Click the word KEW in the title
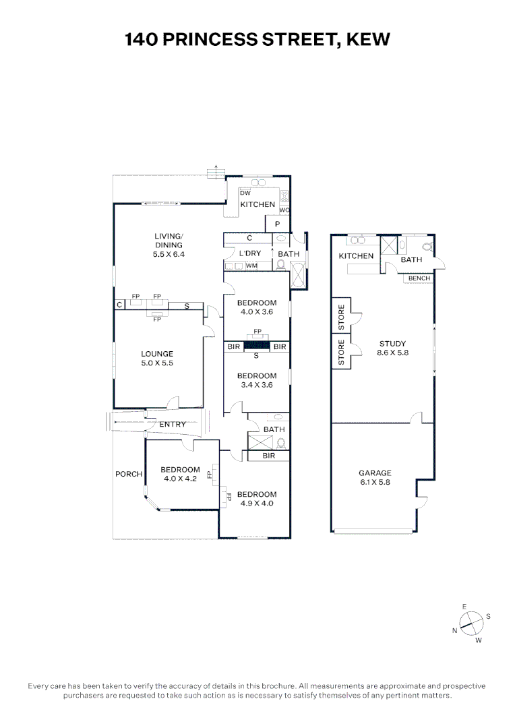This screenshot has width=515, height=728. click(367, 40)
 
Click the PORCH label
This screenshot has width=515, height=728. click(128, 474)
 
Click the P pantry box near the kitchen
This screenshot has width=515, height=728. click(276, 224)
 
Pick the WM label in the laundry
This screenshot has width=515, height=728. click(251, 266)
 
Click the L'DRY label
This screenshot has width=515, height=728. click(250, 253)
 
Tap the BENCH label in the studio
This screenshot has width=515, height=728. click(419, 278)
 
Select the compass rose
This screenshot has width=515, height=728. click(473, 624)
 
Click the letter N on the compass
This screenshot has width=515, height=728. click(455, 630)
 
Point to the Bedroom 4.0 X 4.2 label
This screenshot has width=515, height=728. click(180, 474)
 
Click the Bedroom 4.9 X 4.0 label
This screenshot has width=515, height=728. click(256, 498)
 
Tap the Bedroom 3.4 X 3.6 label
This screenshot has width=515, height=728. click(256, 380)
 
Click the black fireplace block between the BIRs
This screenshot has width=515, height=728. click(257, 346)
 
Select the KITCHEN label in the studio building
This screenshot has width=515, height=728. click(356, 256)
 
